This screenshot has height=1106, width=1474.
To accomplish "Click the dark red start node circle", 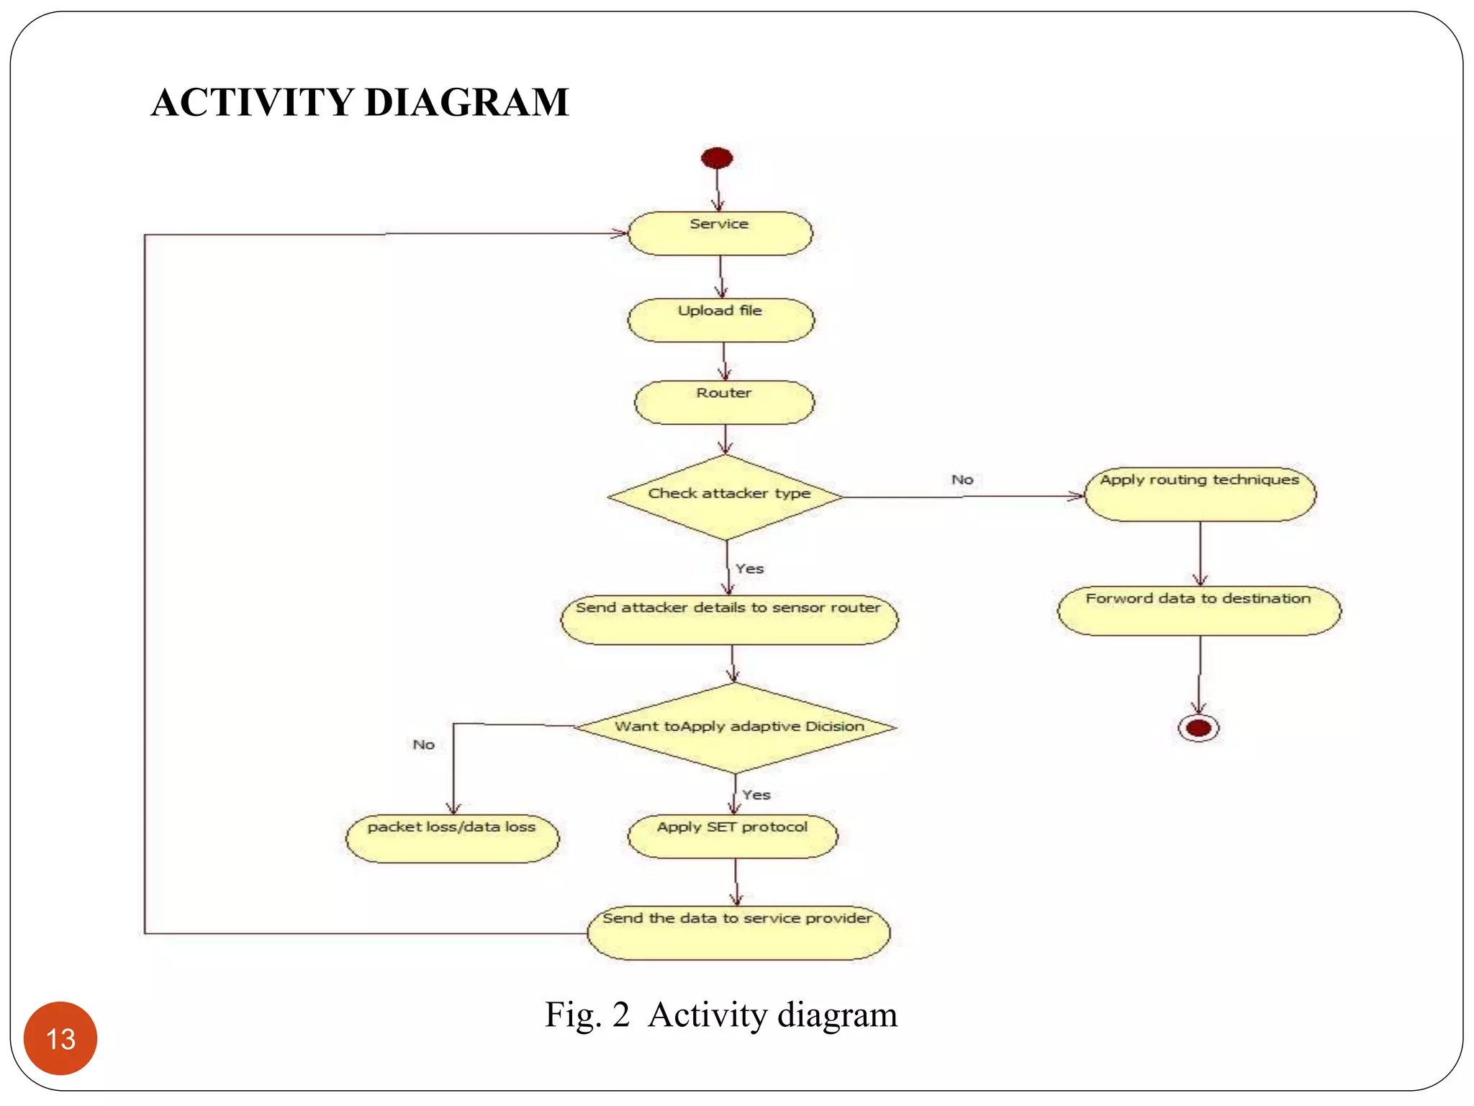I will pyautogui.click(x=717, y=158).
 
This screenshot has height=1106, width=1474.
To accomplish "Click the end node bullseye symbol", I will pyautogui.click(x=1198, y=728).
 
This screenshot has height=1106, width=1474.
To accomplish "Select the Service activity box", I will pyautogui.click(x=720, y=233).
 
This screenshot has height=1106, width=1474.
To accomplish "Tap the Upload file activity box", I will pyautogui.click(x=721, y=320).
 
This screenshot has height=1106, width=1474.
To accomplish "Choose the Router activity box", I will pyautogui.click(x=724, y=402).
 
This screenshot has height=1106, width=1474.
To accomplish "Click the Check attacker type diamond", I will pyautogui.click(x=726, y=497).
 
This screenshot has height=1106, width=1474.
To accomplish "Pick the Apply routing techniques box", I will pyautogui.click(x=1200, y=494).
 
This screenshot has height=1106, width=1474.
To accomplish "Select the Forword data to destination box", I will pyautogui.click(x=1199, y=611).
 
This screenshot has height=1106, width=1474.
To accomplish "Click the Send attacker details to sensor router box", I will pyautogui.click(x=729, y=619).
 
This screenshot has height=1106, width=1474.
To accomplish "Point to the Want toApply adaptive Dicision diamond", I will pyautogui.click(x=736, y=727).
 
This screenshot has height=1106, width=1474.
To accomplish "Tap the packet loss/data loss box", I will pyautogui.click(x=452, y=838).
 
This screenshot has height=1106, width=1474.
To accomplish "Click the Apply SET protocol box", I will pyautogui.click(x=733, y=836).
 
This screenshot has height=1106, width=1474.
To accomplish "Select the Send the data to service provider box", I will pyautogui.click(x=738, y=932).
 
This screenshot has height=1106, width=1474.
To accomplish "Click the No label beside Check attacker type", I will pyautogui.click(x=962, y=480).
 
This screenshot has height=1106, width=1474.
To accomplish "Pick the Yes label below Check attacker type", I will pyautogui.click(x=750, y=569).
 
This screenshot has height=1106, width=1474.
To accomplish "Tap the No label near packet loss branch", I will pyautogui.click(x=424, y=745).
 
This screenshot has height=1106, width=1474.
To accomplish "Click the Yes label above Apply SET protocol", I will pyautogui.click(x=756, y=795).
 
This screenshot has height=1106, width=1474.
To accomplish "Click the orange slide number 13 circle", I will pyautogui.click(x=60, y=1038).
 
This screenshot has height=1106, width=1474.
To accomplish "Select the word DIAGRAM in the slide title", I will pyautogui.click(x=467, y=102).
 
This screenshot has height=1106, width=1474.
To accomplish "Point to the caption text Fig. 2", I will pyautogui.click(x=587, y=1015).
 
